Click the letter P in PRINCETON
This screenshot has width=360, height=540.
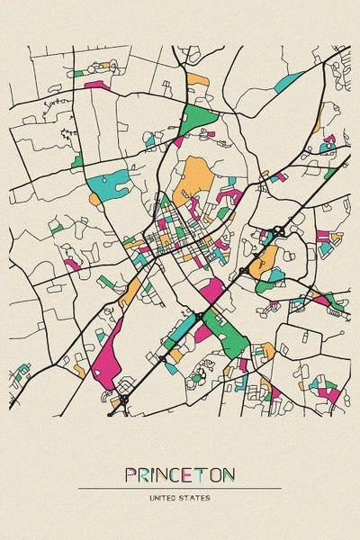pyautogui.click(x=131, y=475)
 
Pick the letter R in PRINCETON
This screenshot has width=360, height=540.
pyautogui.click(x=145, y=475)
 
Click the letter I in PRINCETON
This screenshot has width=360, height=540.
pyautogui.click(x=155, y=475)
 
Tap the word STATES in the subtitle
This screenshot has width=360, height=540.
pyautogui.click(x=195, y=497)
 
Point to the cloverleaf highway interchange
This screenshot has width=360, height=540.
pyautogui.click(x=279, y=231)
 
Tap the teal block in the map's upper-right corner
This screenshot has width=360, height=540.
pyautogui.click(x=289, y=81)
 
